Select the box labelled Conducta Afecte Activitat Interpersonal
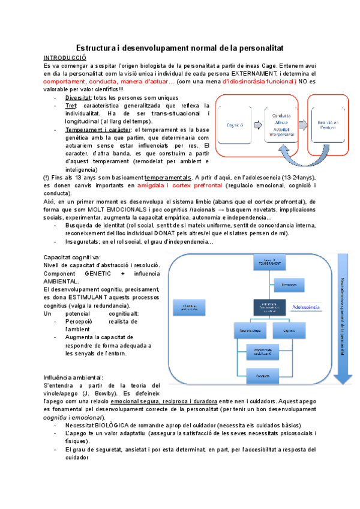[281, 124]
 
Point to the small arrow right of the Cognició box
[258, 125]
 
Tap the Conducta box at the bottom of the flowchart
[269, 376]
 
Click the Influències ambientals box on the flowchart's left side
[190, 307]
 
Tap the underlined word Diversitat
[78, 97]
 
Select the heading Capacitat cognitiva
[72, 257]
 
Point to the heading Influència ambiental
[73, 377]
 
